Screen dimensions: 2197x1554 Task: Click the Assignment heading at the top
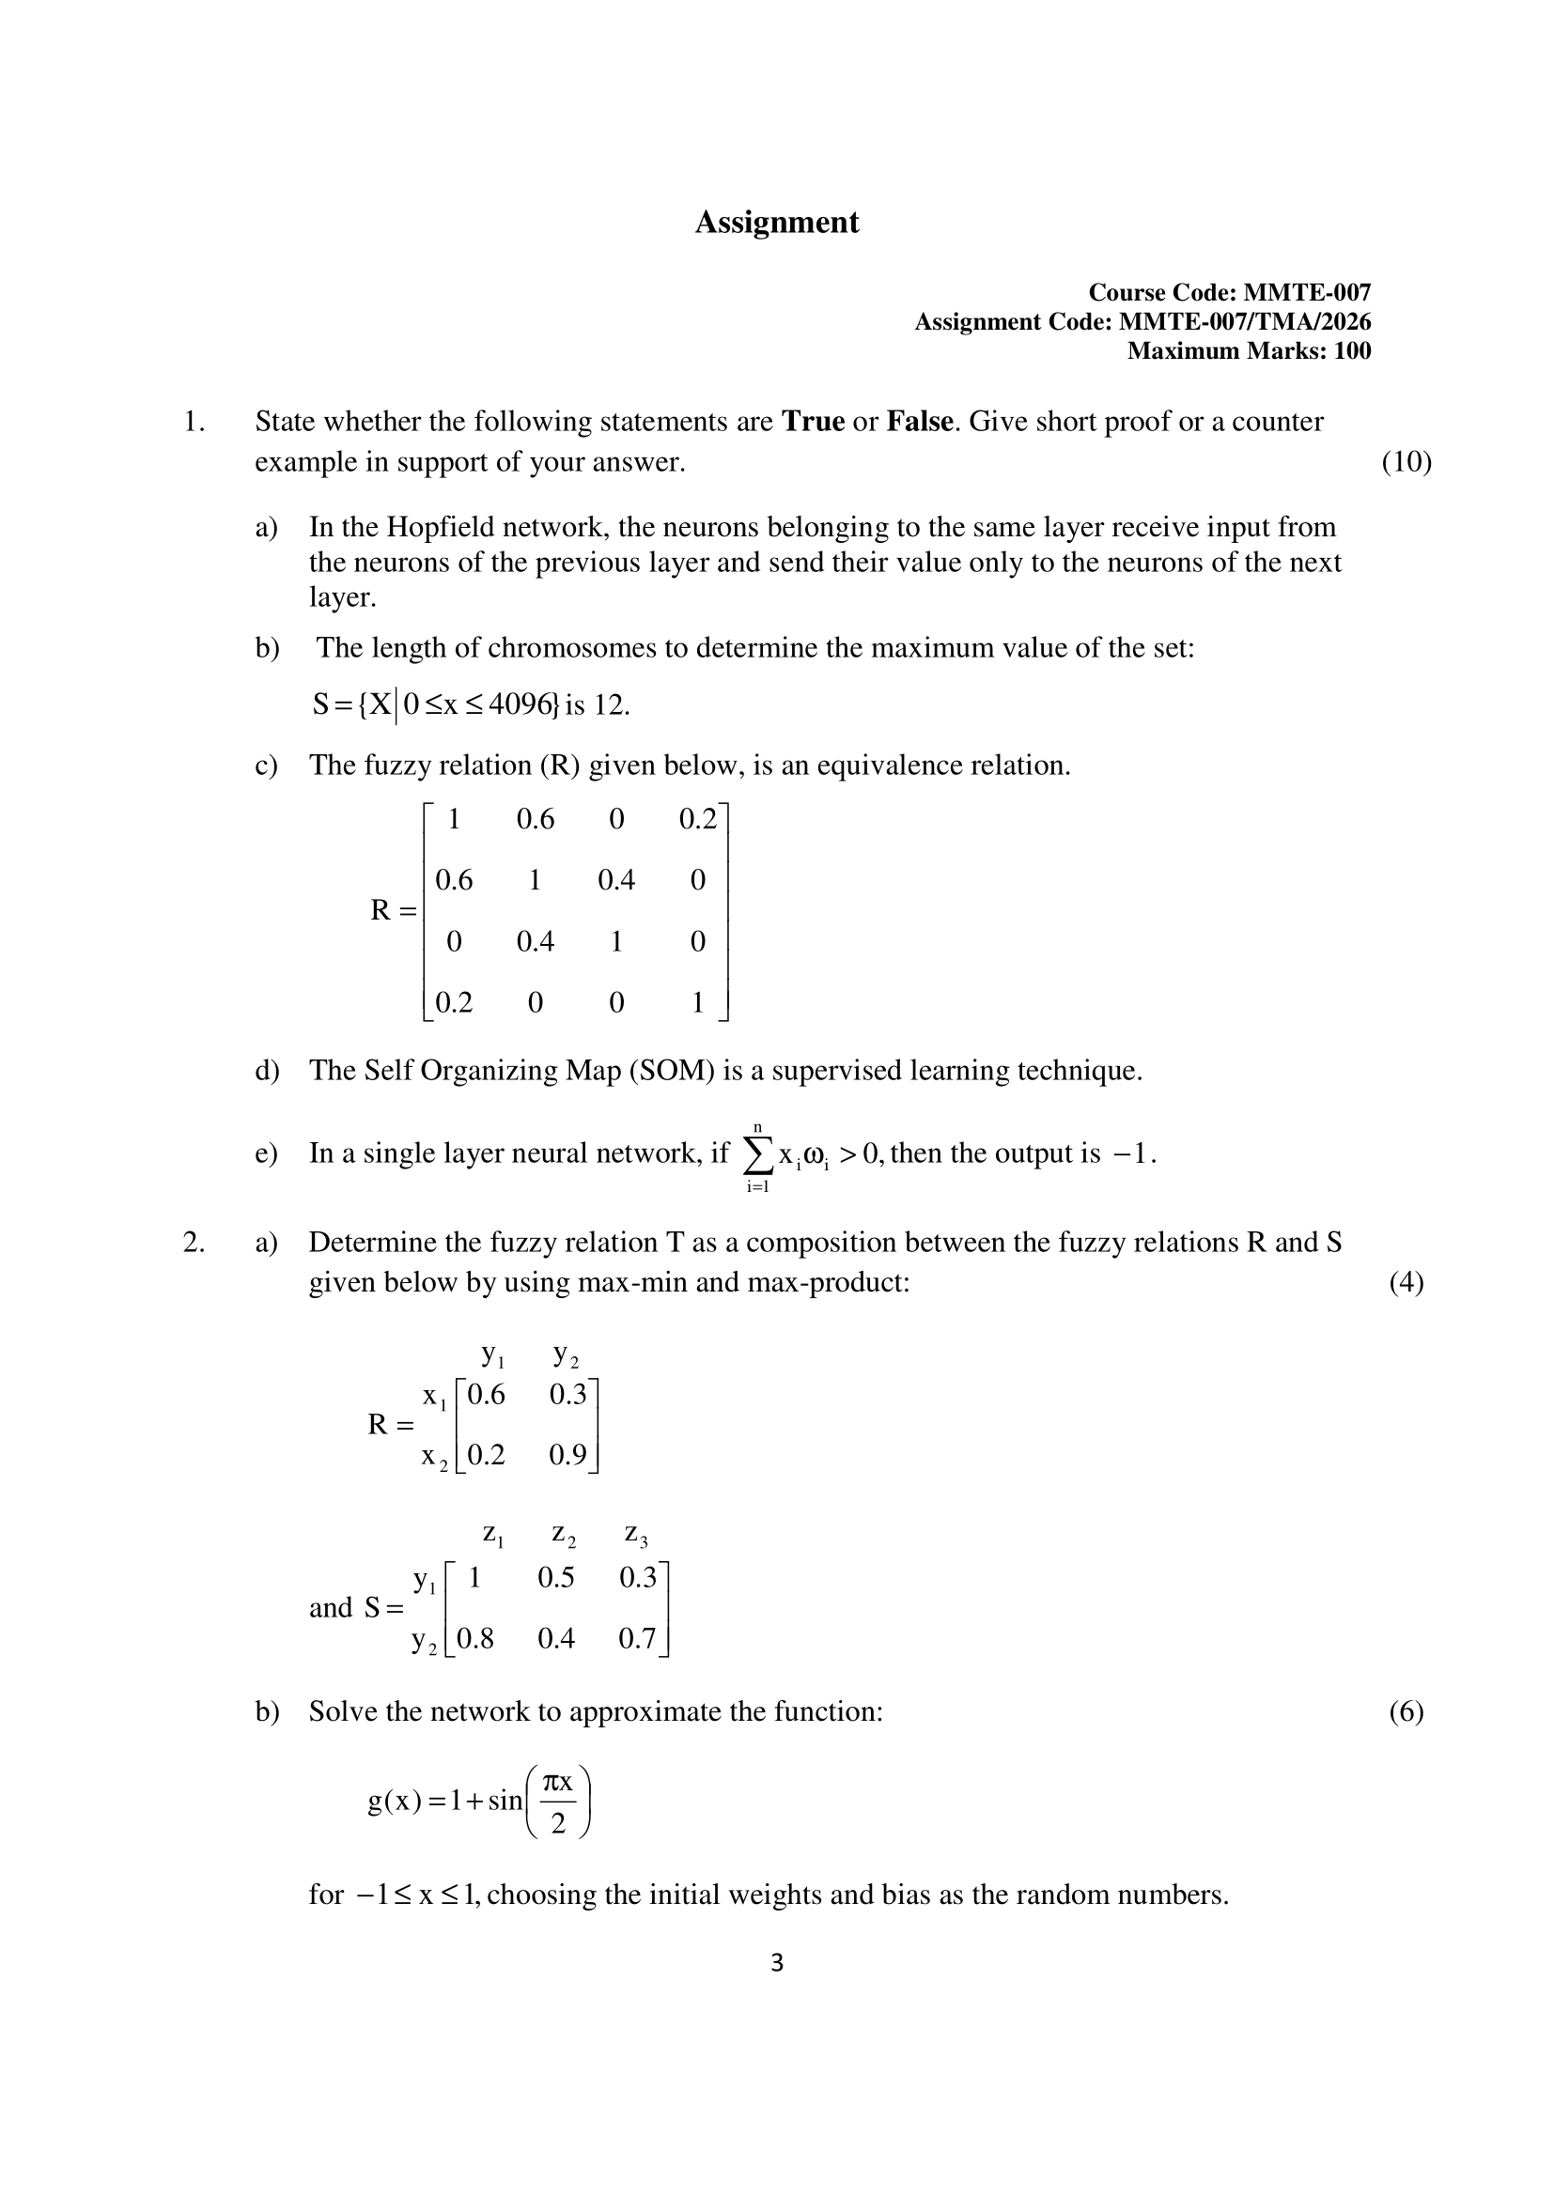click(776, 222)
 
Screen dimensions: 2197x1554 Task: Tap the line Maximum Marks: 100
click(1248, 351)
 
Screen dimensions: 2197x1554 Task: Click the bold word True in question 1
click(813, 422)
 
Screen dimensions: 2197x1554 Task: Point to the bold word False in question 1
click(920, 422)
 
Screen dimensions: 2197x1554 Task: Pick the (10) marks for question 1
click(1406, 462)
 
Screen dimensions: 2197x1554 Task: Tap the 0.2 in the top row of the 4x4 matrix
click(696, 819)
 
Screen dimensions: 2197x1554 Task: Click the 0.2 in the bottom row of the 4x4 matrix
click(454, 1003)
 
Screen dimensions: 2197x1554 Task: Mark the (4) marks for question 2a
click(1406, 1282)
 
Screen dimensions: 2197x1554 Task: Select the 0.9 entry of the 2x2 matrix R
click(567, 1455)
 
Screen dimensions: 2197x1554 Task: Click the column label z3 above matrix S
click(636, 1535)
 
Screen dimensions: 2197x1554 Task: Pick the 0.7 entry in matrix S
click(636, 1639)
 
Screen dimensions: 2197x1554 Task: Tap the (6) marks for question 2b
click(1406, 1712)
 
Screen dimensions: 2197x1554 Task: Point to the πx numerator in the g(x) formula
click(558, 1783)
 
